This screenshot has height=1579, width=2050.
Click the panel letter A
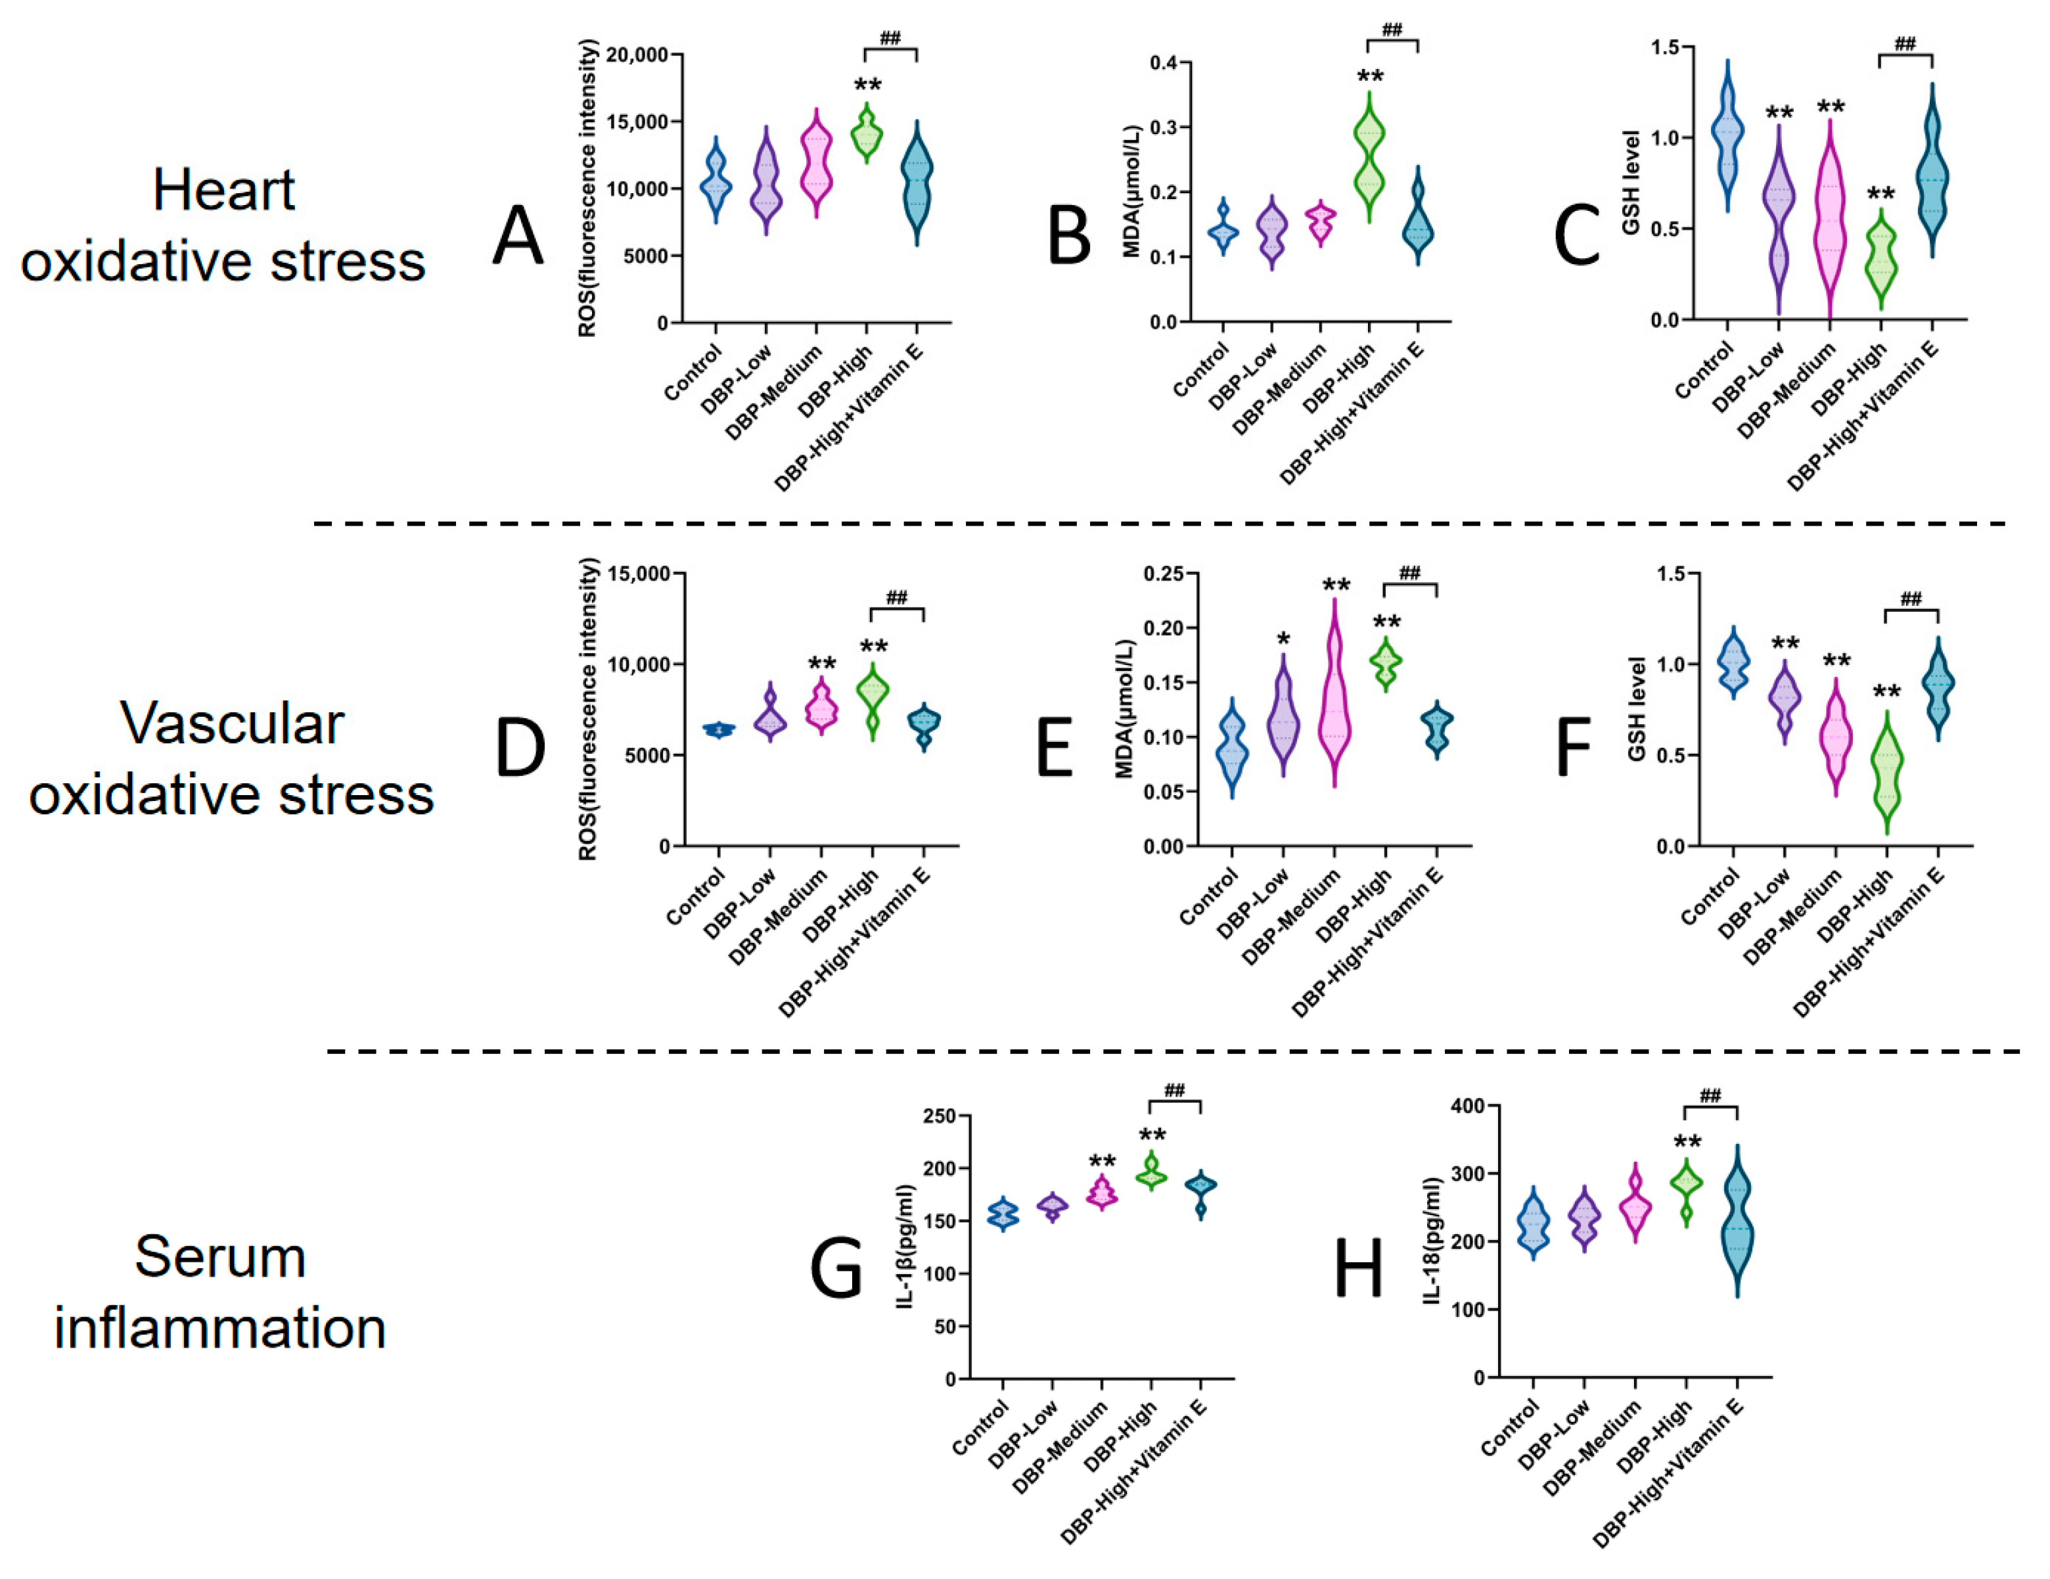(x=518, y=237)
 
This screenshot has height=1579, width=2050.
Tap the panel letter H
(x=1358, y=1268)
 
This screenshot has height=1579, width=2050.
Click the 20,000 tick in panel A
(x=637, y=55)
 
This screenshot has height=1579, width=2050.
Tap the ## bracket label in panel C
(x=1905, y=44)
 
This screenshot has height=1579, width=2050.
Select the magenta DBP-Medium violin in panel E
(x=1334, y=695)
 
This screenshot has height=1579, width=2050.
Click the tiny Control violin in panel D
(x=719, y=729)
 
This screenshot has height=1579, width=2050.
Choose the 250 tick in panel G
(x=940, y=1116)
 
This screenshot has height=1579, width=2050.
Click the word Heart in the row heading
(x=223, y=191)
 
